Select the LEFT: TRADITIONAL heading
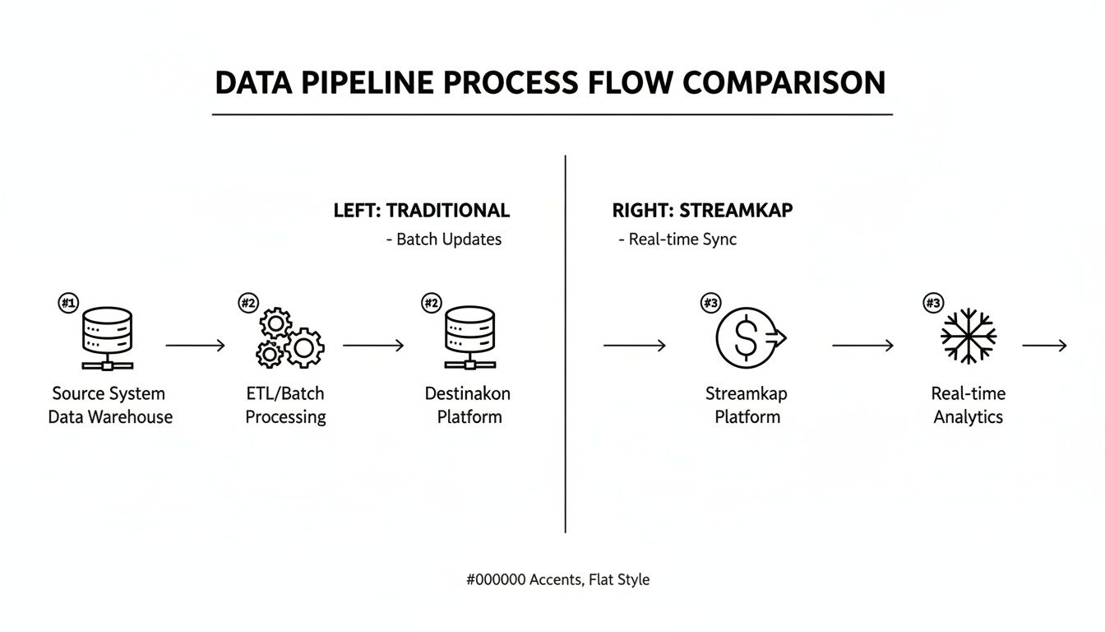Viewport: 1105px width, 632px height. (x=421, y=210)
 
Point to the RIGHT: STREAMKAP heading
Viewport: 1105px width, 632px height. (x=702, y=210)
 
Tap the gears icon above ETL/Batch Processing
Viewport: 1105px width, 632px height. (x=290, y=337)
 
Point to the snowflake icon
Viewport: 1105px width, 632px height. (x=969, y=337)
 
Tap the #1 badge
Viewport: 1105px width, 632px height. (x=67, y=304)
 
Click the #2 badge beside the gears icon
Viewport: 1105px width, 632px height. (x=248, y=304)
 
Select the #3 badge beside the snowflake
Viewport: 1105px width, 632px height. (x=933, y=304)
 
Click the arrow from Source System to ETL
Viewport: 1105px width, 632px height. (x=196, y=346)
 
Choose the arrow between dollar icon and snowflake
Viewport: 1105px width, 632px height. (x=862, y=346)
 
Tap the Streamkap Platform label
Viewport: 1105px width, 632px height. (x=747, y=405)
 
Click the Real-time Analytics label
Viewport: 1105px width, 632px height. (x=968, y=405)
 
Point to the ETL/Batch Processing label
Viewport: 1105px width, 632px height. (x=285, y=405)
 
